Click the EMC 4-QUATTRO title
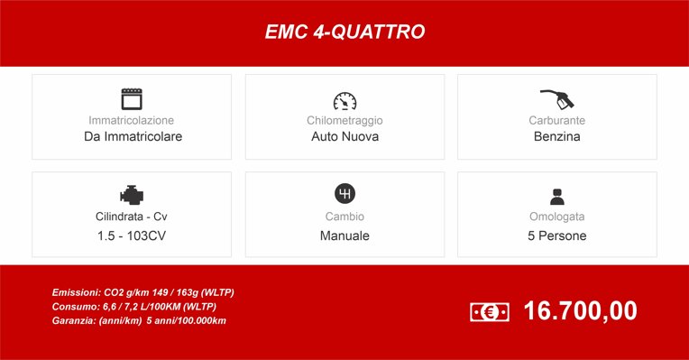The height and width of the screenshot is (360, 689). pos(344,32)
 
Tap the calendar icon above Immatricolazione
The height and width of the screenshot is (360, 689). pos(133,98)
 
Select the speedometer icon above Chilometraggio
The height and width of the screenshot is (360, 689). pos(344,100)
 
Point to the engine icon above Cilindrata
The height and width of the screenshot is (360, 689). pos(132,195)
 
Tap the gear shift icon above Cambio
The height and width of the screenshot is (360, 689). pos(344,194)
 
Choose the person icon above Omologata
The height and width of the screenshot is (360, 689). pos(556,196)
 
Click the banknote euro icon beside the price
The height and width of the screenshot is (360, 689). pos(490,312)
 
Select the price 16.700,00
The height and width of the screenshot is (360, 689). pos(580,311)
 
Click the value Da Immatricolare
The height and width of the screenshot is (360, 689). pos(133,137)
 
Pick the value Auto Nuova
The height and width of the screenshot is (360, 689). pos(344,137)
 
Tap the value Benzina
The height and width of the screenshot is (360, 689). pos(556,137)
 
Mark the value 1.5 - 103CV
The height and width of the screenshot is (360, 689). pos(132,235)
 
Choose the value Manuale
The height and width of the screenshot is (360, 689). pos(344,235)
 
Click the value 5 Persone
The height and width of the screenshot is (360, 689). pos(556,235)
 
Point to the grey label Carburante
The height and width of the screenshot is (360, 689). pos(556,120)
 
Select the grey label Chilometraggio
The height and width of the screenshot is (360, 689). pos(344,120)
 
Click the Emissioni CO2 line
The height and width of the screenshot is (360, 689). pos(143,293)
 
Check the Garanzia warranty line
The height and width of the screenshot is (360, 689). pos(139,320)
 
